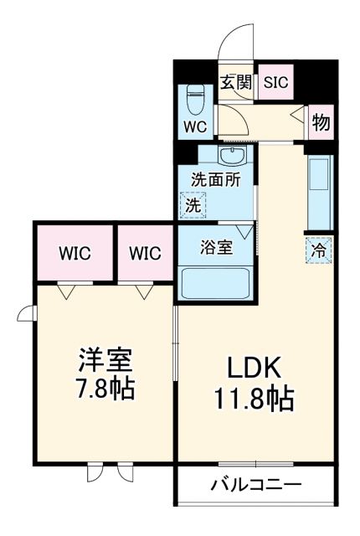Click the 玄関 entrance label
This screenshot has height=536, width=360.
[x=236, y=82]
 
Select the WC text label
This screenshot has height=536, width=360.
[x=194, y=127]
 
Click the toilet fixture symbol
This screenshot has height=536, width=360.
[x=194, y=100]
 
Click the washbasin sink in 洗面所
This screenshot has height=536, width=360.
[x=230, y=157]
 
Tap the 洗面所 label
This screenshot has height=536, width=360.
[x=214, y=179]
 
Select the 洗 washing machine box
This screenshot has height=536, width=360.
[x=193, y=204]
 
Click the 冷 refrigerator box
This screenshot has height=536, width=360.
[x=318, y=249]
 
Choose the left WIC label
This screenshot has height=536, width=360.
[x=74, y=252]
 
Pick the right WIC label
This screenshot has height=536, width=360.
[x=146, y=252]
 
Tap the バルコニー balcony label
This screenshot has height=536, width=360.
[x=255, y=485]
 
